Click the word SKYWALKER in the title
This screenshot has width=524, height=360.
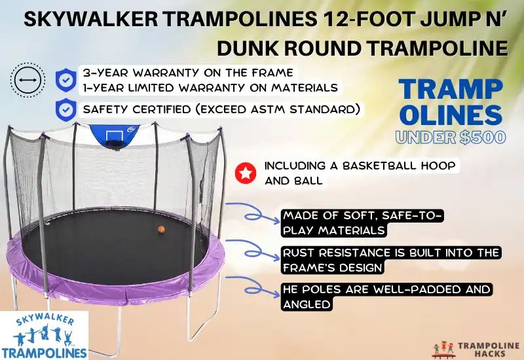tap(86, 20)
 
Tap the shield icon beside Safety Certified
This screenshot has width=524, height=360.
tap(65, 109)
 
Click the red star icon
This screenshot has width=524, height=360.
tap(244, 173)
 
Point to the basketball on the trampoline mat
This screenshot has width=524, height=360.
tap(160, 230)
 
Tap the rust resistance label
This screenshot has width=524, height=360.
tap(390, 260)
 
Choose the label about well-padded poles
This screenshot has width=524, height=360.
tap(386, 297)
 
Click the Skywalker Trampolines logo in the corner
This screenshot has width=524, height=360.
tap(44, 336)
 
